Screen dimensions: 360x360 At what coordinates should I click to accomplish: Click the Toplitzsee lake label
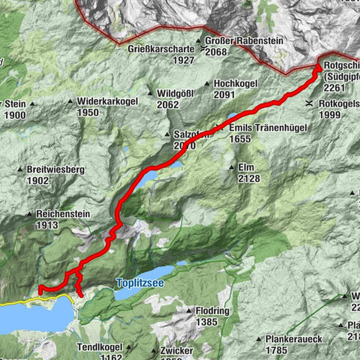(139, 283)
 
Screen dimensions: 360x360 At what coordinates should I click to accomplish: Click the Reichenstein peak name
(63, 214)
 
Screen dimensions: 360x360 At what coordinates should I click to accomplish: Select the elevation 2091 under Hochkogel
(224, 95)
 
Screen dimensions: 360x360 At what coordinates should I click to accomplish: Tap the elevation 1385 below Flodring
(205, 321)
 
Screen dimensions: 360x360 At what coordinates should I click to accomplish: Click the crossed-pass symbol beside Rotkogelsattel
(310, 103)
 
